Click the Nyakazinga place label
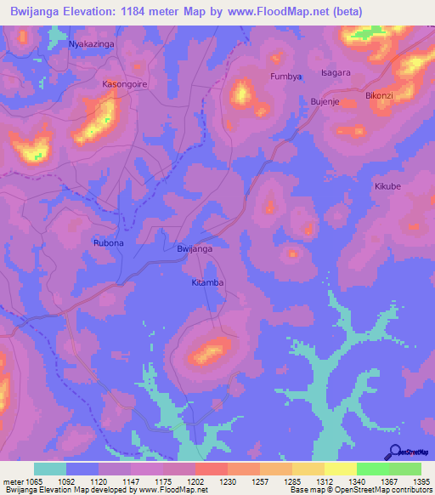pyautogui.click(x=91, y=43)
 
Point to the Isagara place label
pyautogui.click(x=336, y=73)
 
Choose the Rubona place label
pyautogui.click(x=108, y=243)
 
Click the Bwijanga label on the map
pyautogui.click(x=194, y=249)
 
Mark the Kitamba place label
pyautogui.click(x=207, y=281)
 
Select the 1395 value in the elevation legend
pyautogui.click(x=420, y=481)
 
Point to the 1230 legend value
pyautogui.click(x=227, y=481)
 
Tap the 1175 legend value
pyautogui.click(x=162, y=481)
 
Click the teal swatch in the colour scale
pyautogui.click(x=50, y=469)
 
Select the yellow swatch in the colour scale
pyautogui.click(x=340, y=469)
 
